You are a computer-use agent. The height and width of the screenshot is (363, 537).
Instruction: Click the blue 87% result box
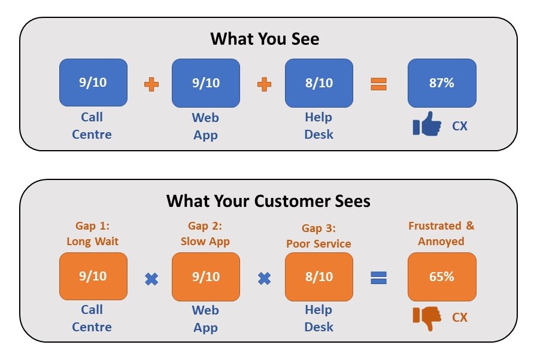point(442,83)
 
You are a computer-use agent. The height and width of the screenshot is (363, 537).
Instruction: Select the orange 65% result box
point(442,277)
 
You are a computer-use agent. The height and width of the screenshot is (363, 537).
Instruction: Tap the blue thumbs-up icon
point(427,124)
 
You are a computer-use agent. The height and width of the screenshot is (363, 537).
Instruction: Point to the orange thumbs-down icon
point(427,318)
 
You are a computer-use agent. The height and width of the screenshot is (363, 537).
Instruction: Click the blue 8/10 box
point(319,83)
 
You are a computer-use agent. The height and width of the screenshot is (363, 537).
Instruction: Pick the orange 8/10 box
point(319,277)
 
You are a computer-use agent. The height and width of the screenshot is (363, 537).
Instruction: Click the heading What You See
point(265,39)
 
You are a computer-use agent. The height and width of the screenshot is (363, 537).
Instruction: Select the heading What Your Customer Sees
point(268,201)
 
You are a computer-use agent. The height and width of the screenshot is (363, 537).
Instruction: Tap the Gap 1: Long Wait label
point(92,234)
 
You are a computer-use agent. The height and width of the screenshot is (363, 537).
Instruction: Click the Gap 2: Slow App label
point(205,234)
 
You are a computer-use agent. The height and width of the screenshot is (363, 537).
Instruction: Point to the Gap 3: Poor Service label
point(318,236)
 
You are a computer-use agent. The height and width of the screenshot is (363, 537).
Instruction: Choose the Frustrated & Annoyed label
point(441,234)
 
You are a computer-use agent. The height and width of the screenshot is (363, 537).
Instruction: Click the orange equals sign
point(378,84)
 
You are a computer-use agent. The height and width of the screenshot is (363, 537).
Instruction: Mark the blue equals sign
point(378,278)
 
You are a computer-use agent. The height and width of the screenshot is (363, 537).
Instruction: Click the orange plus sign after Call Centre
point(151,84)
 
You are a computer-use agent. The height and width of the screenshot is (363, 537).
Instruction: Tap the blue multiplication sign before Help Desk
point(264,279)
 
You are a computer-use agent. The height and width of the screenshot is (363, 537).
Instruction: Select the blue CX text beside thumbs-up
point(460,126)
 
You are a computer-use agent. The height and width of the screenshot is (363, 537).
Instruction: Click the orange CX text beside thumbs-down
point(460,318)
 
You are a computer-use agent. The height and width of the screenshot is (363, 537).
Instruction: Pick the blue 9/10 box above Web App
point(206,83)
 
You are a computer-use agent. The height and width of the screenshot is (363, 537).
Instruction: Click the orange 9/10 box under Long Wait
point(93,276)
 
